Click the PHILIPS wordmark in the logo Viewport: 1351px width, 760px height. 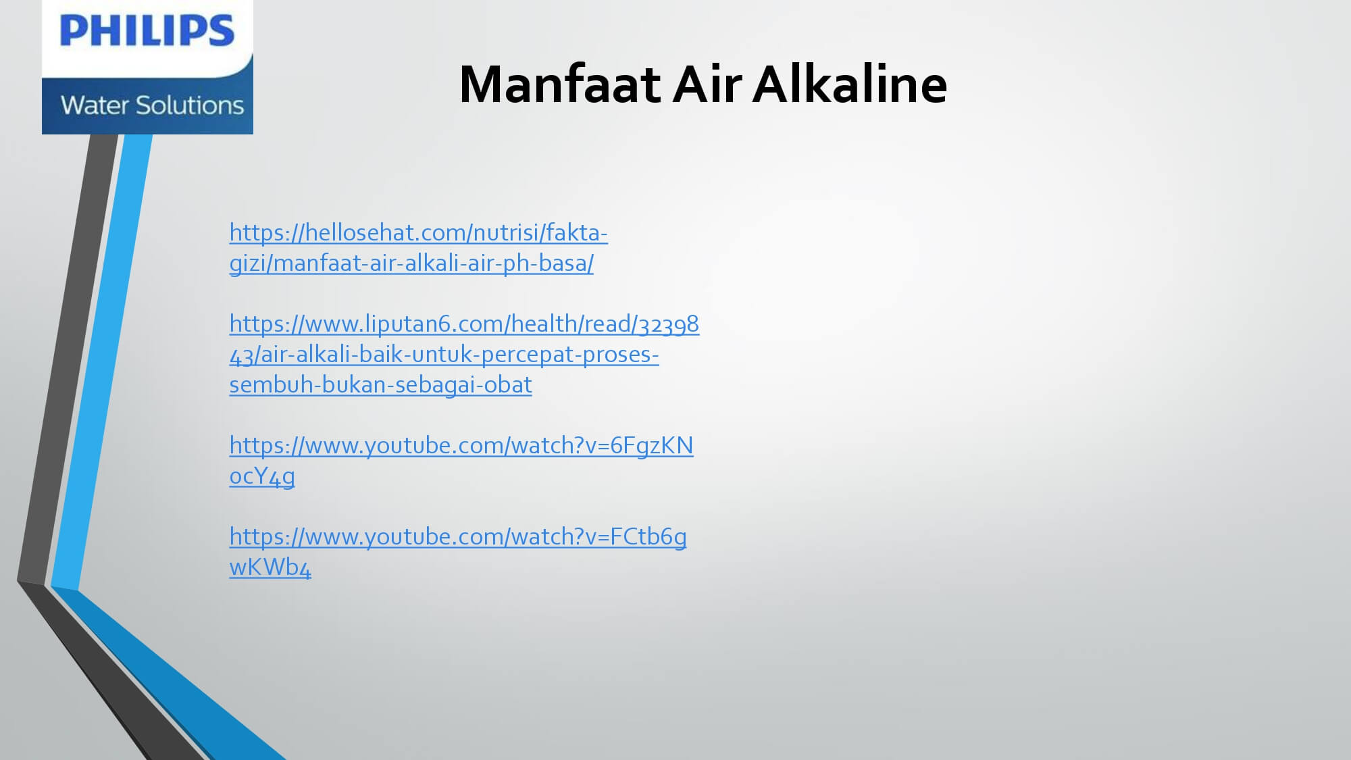tap(147, 31)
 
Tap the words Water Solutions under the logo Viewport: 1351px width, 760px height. tap(152, 105)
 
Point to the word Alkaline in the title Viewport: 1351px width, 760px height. tap(850, 84)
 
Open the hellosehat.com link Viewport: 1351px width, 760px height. tap(419, 248)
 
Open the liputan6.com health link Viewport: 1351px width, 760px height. tap(464, 354)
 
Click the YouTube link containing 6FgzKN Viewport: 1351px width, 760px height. tap(461, 461)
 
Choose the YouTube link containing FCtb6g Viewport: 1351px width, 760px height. tap(458, 552)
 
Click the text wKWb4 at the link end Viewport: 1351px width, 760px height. tap(270, 567)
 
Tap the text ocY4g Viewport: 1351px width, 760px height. tap(262, 476)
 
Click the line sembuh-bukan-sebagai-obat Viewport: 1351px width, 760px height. tap(381, 384)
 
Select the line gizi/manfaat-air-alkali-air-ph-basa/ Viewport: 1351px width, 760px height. tap(411, 263)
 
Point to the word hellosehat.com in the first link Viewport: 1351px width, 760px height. tap(386, 232)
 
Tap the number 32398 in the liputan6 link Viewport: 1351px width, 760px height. tap(669, 324)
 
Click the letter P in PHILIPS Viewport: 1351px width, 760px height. tap(73, 31)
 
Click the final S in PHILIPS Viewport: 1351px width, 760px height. tap(220, 31)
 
